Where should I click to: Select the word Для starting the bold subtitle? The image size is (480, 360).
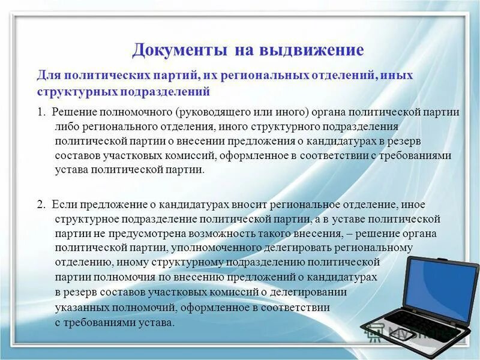click(x=49, y=77)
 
